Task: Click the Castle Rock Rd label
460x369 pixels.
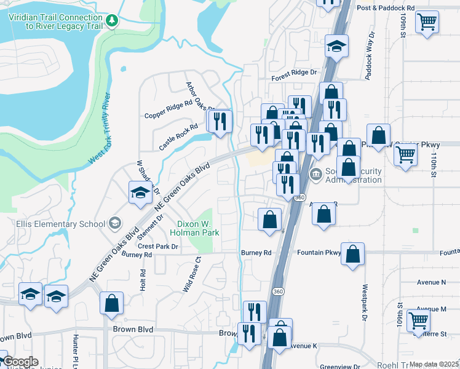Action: (x=178, y=137)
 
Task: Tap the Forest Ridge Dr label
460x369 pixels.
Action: (x=295, y=73)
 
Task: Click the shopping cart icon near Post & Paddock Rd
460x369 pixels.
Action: (x=427, y=23)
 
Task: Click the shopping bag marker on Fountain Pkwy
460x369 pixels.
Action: (x=353, y=254)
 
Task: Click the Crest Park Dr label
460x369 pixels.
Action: (x=158, y=246)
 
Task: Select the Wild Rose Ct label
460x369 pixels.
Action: (x=192, y=274)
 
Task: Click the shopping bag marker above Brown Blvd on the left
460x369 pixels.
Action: (x=111, y=303)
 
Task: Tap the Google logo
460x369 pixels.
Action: (x=21, y=362)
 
